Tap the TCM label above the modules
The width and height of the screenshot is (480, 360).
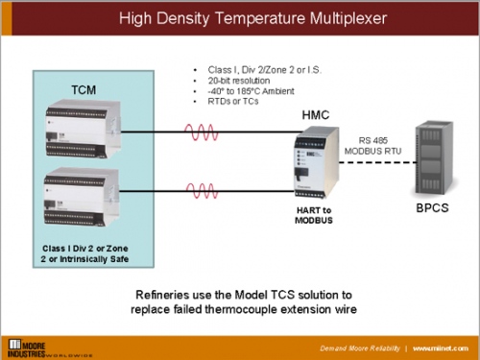pyautogui.click(x=84, y=91)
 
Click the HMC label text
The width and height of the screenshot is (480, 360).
pyautogui.click(x=318, y=115)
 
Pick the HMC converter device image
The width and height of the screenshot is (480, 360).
pyautogui.click(x=317, y=161)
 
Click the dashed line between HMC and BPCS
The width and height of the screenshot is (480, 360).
pyautogui.click(x=370, y=161)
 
